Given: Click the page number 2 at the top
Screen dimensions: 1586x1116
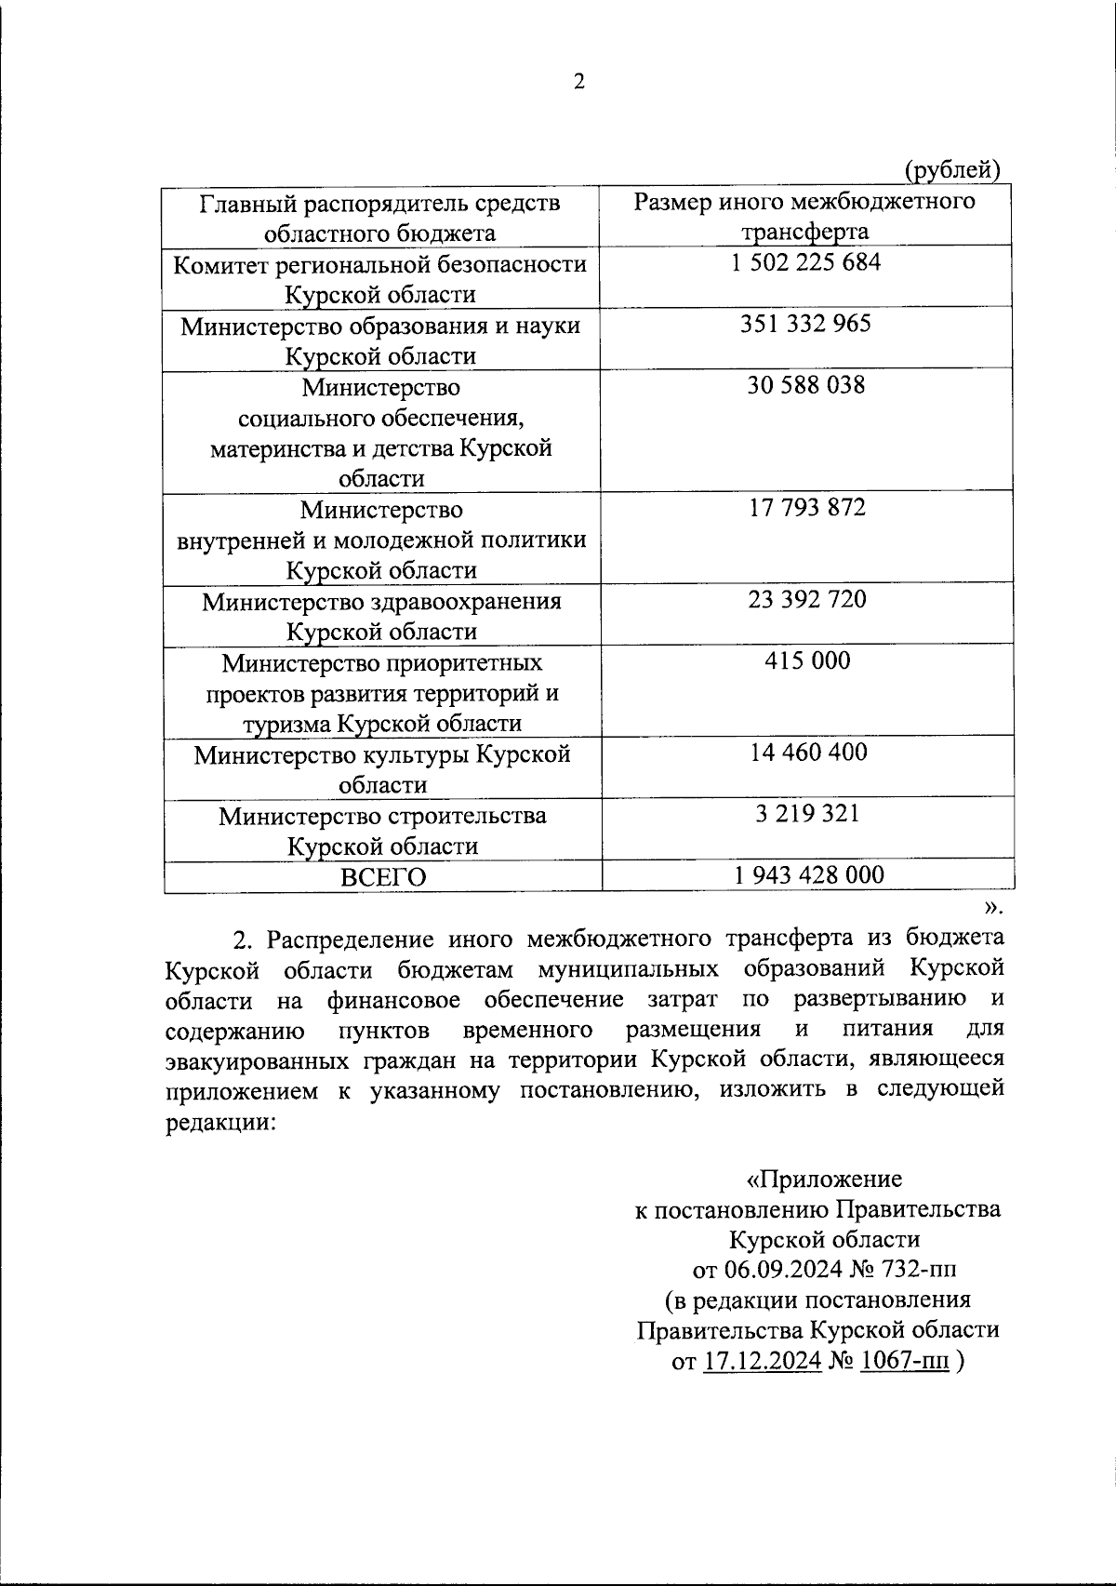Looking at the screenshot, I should [x=578, y=83].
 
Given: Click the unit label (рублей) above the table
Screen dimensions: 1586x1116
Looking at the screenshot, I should [x=952, y=170].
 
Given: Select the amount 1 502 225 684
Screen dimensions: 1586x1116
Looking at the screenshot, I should [x=805, y=262].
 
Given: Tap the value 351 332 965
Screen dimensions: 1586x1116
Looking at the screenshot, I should [x=805, y=324].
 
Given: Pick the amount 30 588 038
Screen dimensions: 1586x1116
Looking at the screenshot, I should [x=805, y=385].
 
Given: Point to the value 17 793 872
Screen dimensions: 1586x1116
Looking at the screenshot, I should [x=805, y=508].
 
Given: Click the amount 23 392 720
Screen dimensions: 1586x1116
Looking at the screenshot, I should [x=805, y=599].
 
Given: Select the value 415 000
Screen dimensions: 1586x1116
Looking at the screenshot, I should [x=805, y=661].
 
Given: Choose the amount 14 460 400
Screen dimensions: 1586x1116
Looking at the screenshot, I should [x=805, y=752].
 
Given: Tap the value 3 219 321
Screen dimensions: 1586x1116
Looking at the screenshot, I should [x=805, y=814].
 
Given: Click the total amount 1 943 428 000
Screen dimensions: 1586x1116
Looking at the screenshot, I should [x=805, y=874].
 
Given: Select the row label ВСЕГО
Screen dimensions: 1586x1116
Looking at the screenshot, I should [x=382, y=877].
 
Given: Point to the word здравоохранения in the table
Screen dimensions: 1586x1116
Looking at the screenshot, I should [x=467, y=602].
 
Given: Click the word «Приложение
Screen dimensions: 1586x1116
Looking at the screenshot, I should [x=825, y=1180].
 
